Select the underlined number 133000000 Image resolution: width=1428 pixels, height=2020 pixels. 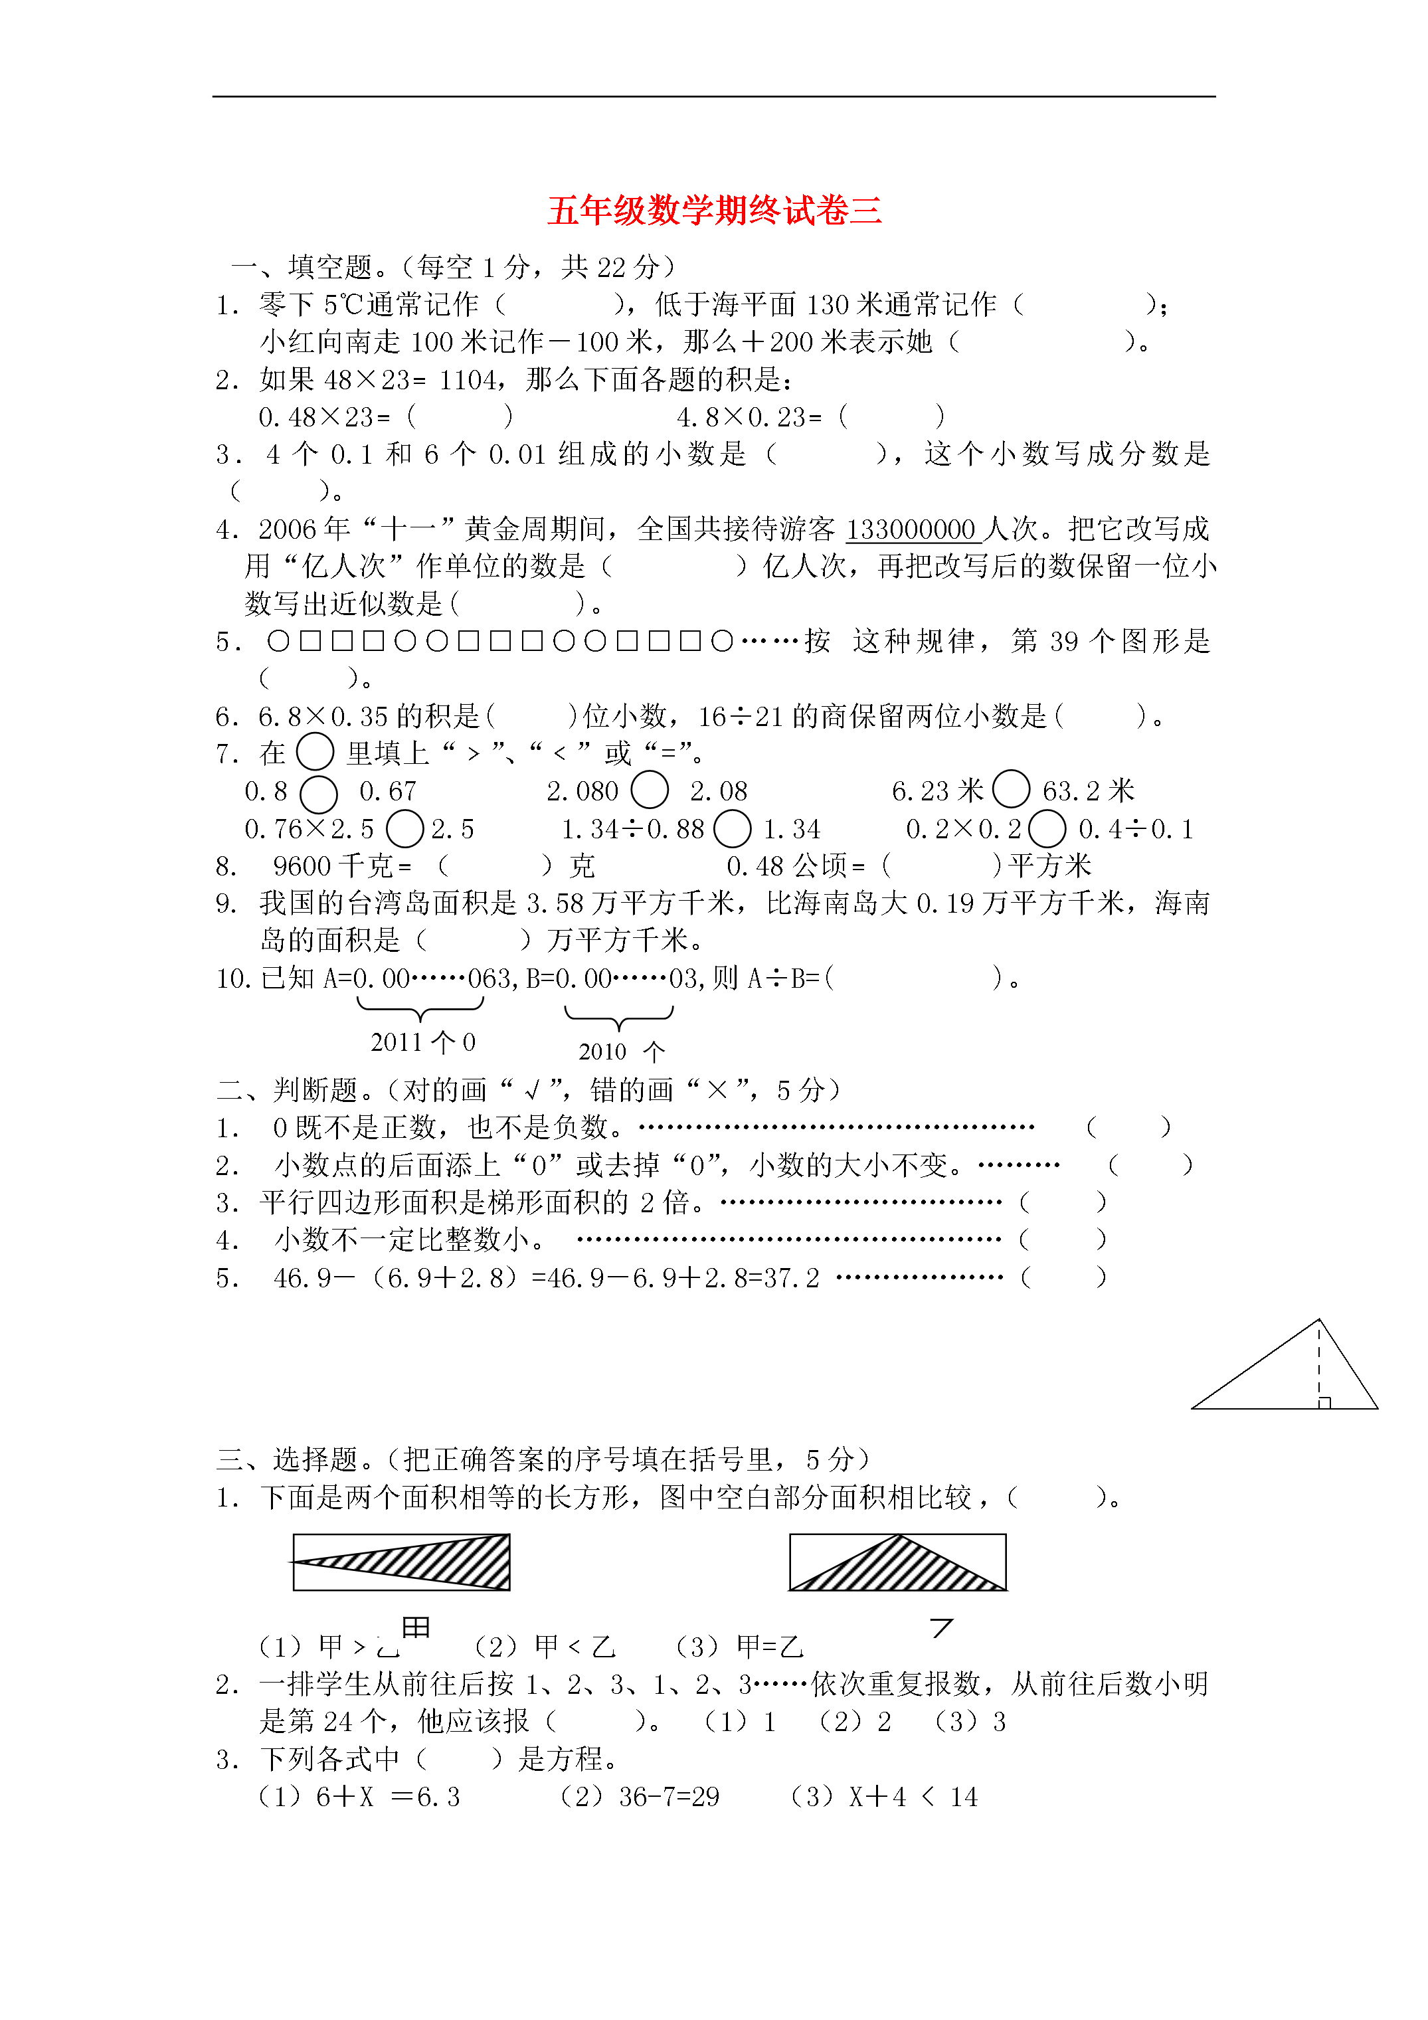click(910, 529)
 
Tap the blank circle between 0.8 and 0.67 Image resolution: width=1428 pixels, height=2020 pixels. click(319, 794)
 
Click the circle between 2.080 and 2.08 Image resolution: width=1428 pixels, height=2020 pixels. click(650, 789)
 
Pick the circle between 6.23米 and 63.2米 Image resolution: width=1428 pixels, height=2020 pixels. click(1011, 789)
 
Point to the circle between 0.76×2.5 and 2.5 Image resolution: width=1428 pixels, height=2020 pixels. click(404, 829)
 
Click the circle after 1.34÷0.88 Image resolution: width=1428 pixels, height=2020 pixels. click(732, 829)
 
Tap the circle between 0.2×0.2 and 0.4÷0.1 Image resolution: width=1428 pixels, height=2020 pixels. click(1046, 829)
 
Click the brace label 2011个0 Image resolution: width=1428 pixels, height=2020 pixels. click(422, 1043)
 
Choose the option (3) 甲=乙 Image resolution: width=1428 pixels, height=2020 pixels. click(739, 1646)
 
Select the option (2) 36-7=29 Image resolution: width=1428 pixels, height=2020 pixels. click(640, 1797)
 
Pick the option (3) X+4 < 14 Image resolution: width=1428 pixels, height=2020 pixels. click(884, 1797)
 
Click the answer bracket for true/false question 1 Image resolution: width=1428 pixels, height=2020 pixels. click(1128, 1127)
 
